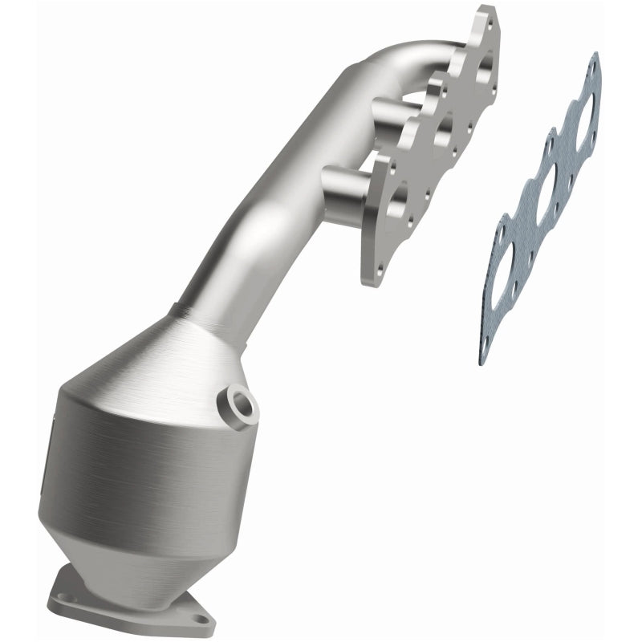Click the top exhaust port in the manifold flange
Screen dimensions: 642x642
click(481, 72)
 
